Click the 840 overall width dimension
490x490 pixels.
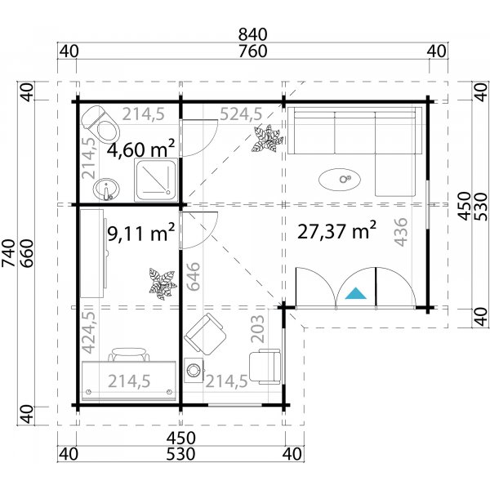[253, 35]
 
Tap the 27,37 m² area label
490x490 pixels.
[336, 231]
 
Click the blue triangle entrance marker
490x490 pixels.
[355, 293]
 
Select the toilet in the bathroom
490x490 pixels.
[99, 122]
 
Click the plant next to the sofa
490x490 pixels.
[267, 140]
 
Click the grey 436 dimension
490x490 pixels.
[400, 234]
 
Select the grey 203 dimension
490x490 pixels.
[258, 328]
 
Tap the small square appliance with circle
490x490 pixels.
[194, 370]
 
